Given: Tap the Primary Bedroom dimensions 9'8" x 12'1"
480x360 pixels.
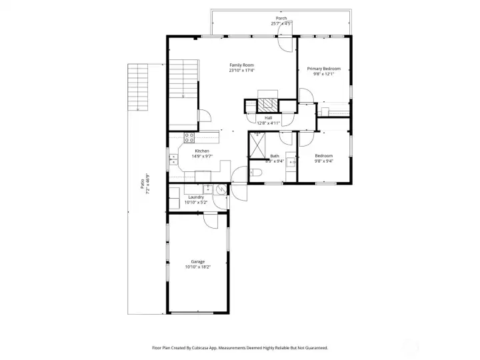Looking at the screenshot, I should coord(323,74).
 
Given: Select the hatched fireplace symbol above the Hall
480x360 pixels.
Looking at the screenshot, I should coord(268,105).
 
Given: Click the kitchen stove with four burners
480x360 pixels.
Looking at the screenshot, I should coord(189,139).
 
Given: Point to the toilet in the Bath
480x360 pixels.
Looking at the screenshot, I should coord(257,173).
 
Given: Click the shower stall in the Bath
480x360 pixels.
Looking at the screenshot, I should coord(258,142).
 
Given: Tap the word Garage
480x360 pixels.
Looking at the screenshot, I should coord(197,261).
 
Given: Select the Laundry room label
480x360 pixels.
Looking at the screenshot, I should coord(196,197).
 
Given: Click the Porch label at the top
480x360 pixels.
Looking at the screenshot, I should coord(281,18).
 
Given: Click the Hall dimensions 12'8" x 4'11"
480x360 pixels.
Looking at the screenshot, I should coord(268,123).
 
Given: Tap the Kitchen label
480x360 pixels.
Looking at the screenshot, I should coord(202,151).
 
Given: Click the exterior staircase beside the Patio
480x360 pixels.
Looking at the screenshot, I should coord(138,87).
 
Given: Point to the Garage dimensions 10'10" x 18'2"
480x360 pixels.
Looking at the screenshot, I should coord(197,267).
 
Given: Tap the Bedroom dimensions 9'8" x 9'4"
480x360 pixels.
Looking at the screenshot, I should coord(324,161).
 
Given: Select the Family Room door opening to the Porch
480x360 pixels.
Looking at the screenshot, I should coord(284,44).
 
